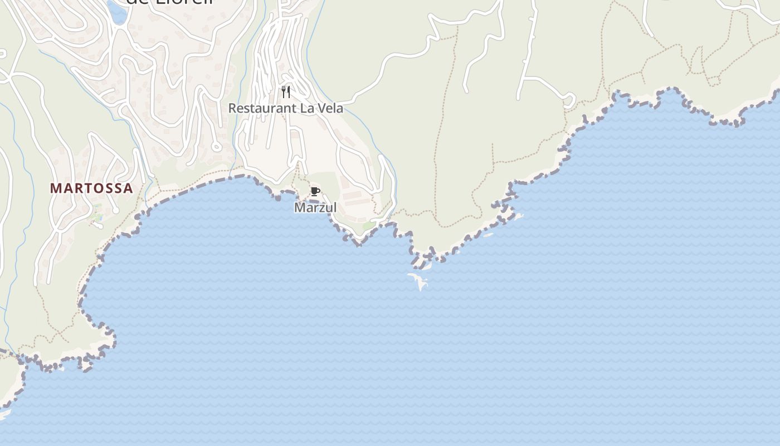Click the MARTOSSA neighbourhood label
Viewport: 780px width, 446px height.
click(x=92, y=188)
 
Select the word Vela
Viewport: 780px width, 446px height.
click(x=330, y=108)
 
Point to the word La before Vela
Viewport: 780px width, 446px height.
click(x=308, y=108)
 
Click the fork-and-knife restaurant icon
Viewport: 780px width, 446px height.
click(x=286, y=91)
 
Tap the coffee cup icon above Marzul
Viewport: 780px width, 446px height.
click(x=315, y=192)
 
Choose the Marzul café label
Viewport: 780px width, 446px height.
click(x=315, y=208)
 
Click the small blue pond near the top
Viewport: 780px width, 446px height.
click(x=117, y=12)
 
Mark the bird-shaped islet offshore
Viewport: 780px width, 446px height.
click(x=419, y=280)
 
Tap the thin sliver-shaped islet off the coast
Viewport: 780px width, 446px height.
click(x=488, y=235)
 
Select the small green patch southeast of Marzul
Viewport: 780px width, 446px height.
click(x=369, y=225)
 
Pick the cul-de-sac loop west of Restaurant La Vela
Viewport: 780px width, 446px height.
click(x=217, y=147)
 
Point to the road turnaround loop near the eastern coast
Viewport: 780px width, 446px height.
click(x=569, y=101)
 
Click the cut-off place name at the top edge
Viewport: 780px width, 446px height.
click(x=170, y=3)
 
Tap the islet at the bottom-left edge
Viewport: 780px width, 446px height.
click(x=4, y=414)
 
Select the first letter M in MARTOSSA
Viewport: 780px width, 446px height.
click(x=55, y=188)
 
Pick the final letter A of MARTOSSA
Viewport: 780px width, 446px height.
click(x=129, y=188)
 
